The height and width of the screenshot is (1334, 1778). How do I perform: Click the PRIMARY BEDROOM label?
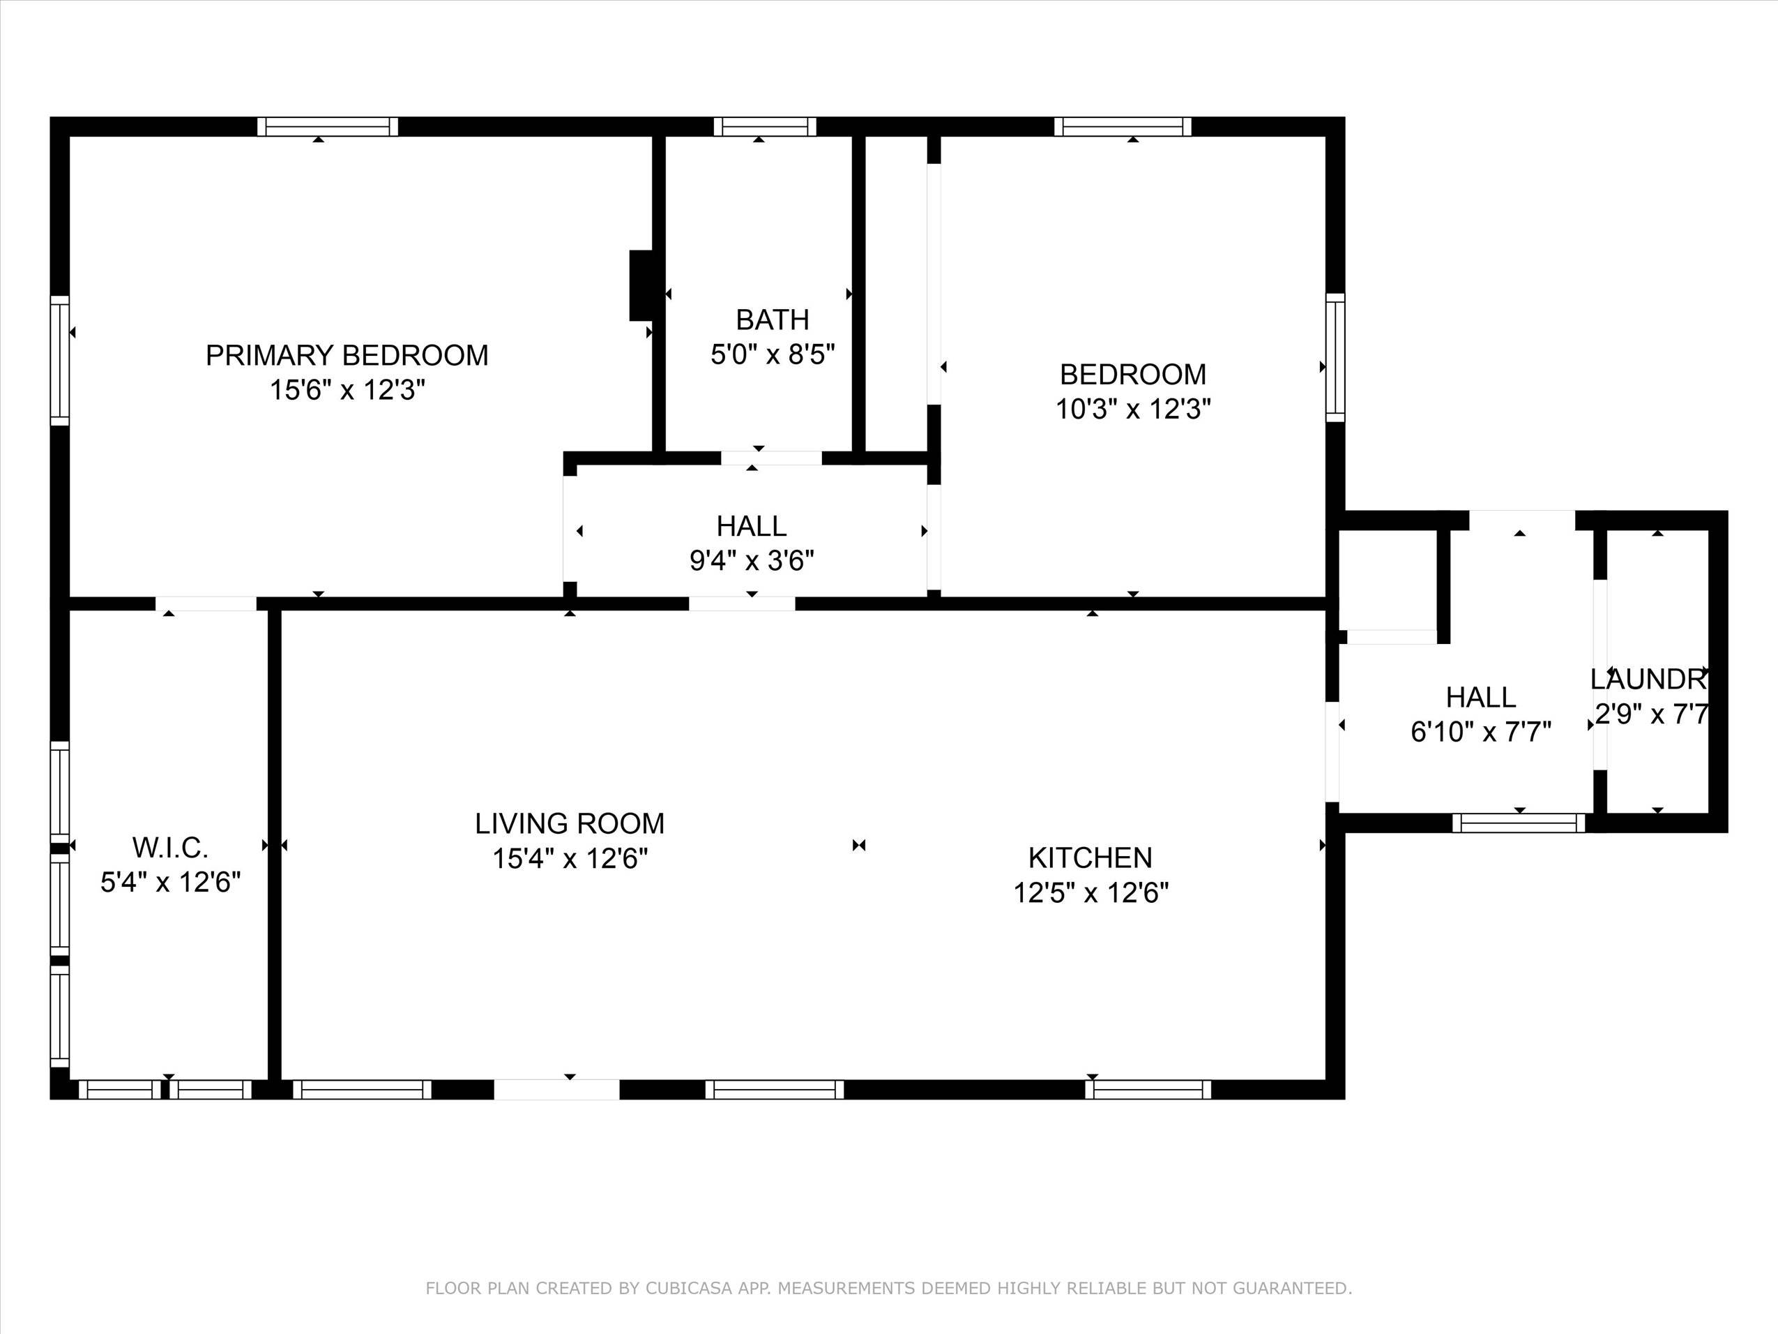(347, 355)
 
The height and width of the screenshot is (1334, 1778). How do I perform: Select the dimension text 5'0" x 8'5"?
(773, 354)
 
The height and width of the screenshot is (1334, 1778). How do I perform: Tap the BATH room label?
(772, 320)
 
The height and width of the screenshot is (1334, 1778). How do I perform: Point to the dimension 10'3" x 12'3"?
(1132, 410)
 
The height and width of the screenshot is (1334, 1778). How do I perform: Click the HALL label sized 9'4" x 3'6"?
(751, 526)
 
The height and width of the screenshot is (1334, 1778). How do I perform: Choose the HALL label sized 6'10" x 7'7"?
(1480, 697)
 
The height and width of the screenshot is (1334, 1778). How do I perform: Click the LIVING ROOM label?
(569, 823)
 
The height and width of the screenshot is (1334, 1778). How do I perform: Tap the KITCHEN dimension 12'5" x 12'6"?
(1091, 892)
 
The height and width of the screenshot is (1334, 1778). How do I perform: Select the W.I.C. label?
(170, 848)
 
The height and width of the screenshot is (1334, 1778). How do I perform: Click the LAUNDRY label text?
(1648, 680)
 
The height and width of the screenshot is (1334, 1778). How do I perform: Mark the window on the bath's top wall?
(764, 126)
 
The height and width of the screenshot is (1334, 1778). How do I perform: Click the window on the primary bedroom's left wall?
(59, 359)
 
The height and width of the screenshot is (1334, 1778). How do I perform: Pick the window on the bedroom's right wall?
(1335, 357)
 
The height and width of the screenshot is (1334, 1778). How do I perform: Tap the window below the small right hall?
(1519, 823)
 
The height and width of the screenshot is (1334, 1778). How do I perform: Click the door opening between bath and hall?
(771, 458)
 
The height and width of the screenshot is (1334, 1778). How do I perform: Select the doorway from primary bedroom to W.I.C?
(206, 604)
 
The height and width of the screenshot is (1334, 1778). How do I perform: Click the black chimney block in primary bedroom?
(641, 285)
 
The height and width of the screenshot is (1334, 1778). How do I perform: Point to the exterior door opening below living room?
(556, 1090)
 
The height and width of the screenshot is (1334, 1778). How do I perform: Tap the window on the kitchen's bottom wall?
(1148, 1090)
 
